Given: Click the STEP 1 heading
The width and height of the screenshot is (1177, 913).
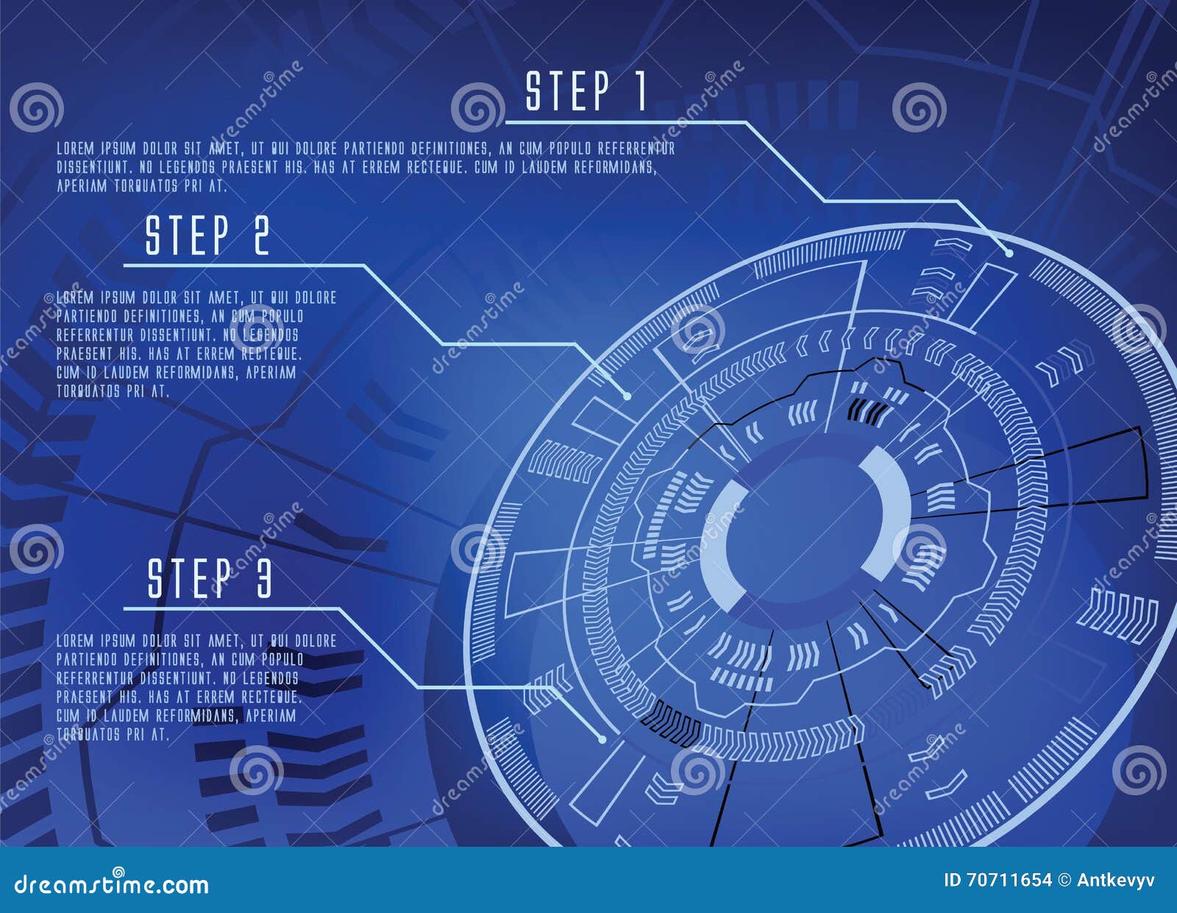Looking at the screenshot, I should pos(586,91).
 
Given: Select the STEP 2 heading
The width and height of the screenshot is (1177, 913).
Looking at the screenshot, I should pos(207,235).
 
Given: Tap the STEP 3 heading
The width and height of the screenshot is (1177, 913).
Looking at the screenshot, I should pos(210,578).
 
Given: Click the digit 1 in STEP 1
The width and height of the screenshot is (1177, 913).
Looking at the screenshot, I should pos(640,91).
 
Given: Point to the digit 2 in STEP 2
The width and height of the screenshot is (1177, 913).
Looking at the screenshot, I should pos(261,235).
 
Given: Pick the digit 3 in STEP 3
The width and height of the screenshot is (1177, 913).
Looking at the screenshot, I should pos(263,578).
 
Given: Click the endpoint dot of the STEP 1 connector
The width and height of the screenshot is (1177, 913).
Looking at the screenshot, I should pos(1009,252).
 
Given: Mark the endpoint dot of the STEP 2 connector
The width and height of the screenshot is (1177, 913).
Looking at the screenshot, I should pos(627,396).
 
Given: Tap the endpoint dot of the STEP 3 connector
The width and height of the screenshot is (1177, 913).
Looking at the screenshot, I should pos(602,739).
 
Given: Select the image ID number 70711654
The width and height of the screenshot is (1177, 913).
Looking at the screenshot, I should pos(1009,880).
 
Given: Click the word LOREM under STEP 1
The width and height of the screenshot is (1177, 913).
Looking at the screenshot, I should pos(75,149).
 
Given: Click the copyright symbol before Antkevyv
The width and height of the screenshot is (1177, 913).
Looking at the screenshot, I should pos(1064,880).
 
